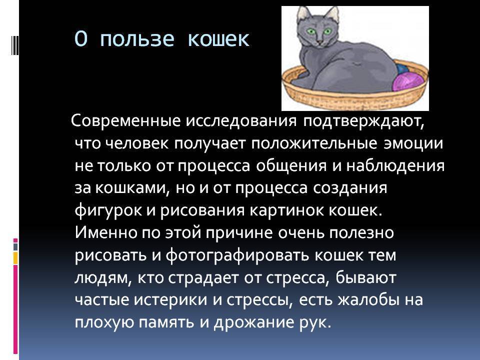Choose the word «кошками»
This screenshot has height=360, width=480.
pyautogui.click(x=129, y=188)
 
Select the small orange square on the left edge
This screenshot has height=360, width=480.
pyautogui.click(x=15, y=258)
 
